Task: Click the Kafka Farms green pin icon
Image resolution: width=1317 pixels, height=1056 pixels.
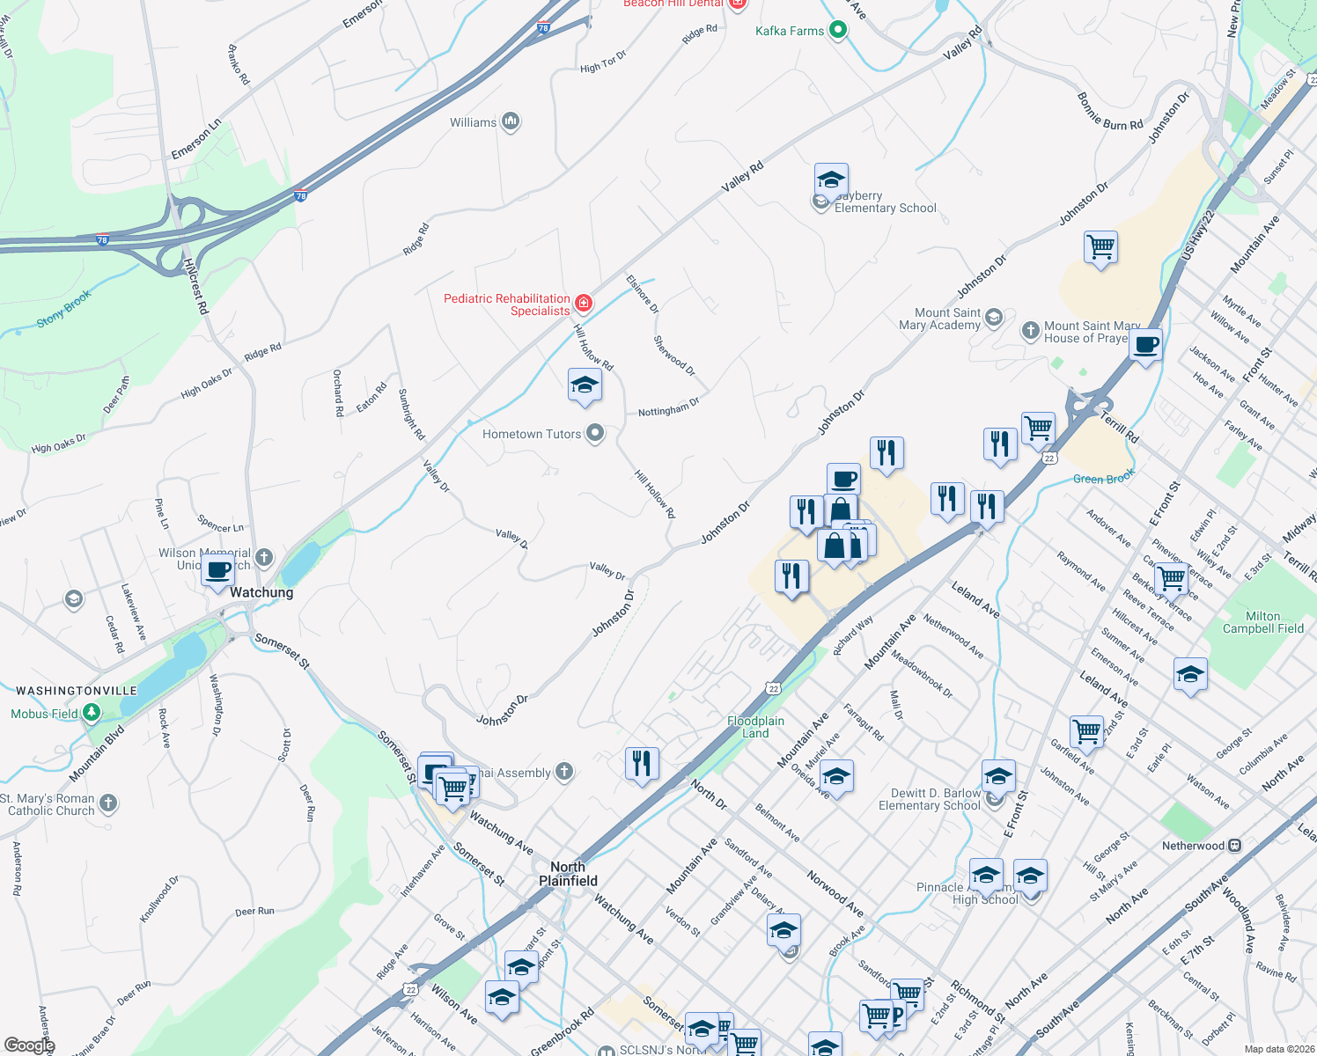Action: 838,31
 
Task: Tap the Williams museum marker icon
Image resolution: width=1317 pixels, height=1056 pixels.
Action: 511,122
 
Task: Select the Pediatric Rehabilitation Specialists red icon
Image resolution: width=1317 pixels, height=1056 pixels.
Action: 583,304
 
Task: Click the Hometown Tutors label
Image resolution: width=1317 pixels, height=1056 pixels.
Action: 531,434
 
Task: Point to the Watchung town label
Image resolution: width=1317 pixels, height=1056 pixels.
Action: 261,592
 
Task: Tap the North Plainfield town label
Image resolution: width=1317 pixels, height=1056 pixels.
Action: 568,874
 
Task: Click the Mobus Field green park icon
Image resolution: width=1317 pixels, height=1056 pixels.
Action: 91,714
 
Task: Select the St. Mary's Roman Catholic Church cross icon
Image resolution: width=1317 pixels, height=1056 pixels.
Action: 108,803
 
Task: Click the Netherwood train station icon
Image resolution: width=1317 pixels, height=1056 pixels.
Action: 1235,846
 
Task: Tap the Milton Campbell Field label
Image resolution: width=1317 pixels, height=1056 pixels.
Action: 1263,622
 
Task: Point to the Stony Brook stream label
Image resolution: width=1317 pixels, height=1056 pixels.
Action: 63,309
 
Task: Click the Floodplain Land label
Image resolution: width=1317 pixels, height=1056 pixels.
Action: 755,727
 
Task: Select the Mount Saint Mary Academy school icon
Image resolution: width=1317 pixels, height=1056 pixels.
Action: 994,318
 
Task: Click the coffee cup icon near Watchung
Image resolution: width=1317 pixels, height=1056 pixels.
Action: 217,569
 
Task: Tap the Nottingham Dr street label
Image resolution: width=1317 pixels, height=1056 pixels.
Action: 668,407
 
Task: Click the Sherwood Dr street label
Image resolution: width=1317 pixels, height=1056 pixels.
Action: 674,356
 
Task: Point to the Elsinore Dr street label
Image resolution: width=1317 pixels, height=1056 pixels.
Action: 643,294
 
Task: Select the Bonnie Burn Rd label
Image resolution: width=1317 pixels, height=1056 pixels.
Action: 1109,112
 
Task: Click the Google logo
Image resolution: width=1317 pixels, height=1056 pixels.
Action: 29,1045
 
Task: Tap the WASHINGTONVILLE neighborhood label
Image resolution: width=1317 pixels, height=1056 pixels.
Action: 77,691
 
